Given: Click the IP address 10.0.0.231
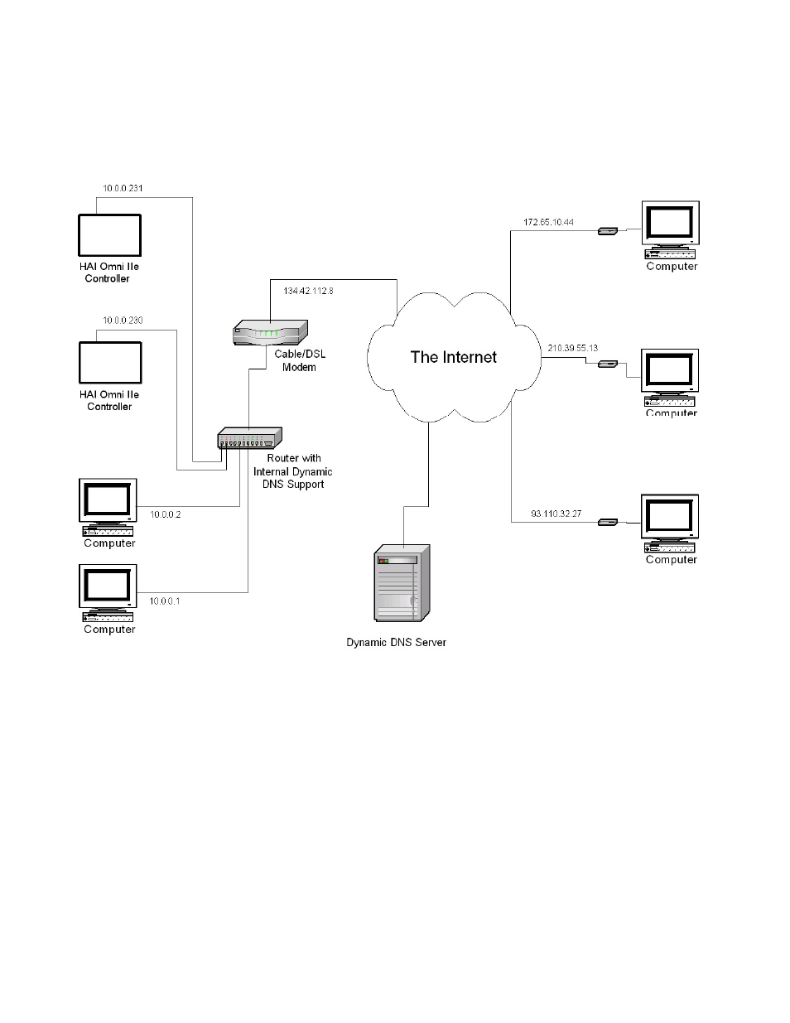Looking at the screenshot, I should tap(123, 188).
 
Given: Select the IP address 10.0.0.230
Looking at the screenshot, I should tap(123, 320).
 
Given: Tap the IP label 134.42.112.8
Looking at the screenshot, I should tap(308, 291).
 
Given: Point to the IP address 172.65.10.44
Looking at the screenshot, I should tap(548, 222).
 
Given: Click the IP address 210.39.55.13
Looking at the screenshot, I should tap(572, 348).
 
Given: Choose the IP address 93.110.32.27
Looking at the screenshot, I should tap(556, 514).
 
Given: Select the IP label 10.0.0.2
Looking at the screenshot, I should tap(165, 514).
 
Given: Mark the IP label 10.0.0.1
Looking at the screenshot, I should tap(164, 601).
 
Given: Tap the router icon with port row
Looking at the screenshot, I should tap(249, 437).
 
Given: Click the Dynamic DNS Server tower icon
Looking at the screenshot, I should tap(402, 582).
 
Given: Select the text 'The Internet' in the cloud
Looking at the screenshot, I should tap(453, 357).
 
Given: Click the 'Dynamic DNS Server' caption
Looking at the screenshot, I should tap(396, 642).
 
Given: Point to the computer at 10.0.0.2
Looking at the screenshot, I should tap(108, 506).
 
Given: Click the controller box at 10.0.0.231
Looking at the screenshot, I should tap(109, 235).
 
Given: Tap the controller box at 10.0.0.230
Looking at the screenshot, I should tap(110, 363).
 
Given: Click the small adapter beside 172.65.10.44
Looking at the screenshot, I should tap(607, 231).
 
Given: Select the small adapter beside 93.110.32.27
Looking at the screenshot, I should tap(607, 522).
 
